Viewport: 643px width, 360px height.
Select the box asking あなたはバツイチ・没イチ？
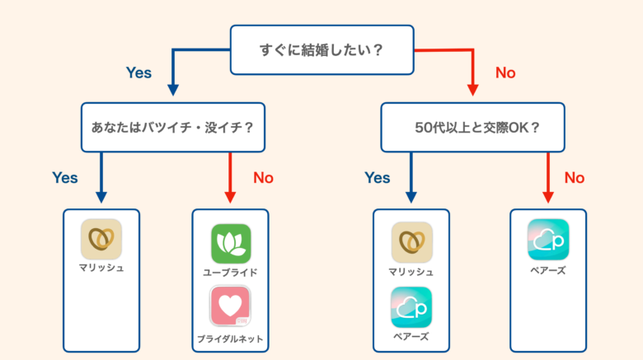coord(172,127)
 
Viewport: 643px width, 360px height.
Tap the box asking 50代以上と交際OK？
coord(472,127)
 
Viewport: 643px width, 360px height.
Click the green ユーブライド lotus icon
coord(231,243)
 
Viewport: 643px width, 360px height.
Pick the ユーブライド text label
coord(231,272)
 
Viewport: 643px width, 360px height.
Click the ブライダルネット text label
coord(231,338)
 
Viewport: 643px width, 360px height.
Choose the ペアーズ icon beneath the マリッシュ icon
coord(411,306)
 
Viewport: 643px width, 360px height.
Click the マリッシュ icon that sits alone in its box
coord(101,239)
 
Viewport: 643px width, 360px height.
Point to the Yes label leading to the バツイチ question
coord(138,72)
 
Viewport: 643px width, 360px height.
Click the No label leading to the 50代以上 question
coord(505,72)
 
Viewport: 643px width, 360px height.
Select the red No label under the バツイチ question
coord(263,177)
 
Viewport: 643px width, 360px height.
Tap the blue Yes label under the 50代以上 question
coord(377,177)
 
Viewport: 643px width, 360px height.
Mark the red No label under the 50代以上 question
coord(575,177)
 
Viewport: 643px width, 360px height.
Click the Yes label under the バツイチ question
coord(65,177)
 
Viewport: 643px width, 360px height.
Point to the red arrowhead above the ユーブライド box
coord(231,198)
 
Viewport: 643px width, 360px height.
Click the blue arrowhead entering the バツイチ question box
coord(172,90)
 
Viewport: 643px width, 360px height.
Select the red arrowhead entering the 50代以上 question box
coord(472,90)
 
